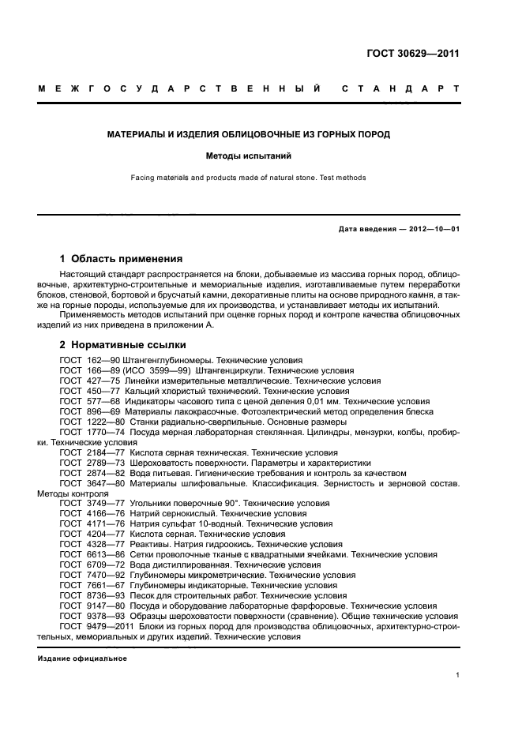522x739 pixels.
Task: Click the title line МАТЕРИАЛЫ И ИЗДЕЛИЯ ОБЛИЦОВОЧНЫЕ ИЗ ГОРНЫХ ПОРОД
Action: [248, 135]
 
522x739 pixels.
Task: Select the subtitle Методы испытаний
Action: [248, 156]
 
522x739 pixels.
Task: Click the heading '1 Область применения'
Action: [122, 258]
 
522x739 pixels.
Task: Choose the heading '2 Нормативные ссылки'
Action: [123, 345]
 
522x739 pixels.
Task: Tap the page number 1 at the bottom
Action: [458, 675]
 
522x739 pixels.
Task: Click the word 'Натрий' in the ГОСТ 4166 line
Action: [145, 513]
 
